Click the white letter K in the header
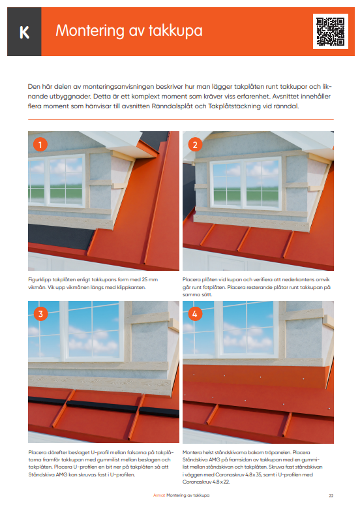pyautogui.click(x=24, y=32)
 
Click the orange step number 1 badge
pyautogui.click(x=40, y=145)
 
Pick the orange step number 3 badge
pyautogui.click(x=40, y=314)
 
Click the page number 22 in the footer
pyautogui.click(x=331, y=496)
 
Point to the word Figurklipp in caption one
pyautogui.click(x=40, y=279)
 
